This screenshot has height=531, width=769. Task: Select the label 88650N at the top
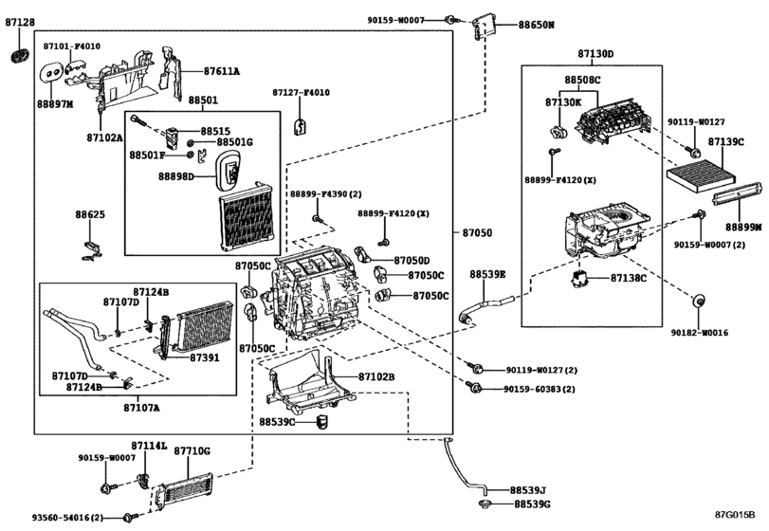tap(536, 25)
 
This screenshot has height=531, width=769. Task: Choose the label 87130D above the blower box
tap(595, 54)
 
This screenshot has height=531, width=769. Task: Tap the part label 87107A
tap(141, 408)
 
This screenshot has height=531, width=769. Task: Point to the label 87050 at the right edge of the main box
tap(478, 232)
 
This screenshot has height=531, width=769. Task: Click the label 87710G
tap(192, 450)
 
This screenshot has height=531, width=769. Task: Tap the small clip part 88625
tap(91, 249)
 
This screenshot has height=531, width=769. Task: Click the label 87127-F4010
tap(301, 93)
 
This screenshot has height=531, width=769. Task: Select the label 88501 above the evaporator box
tap(202, 100)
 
